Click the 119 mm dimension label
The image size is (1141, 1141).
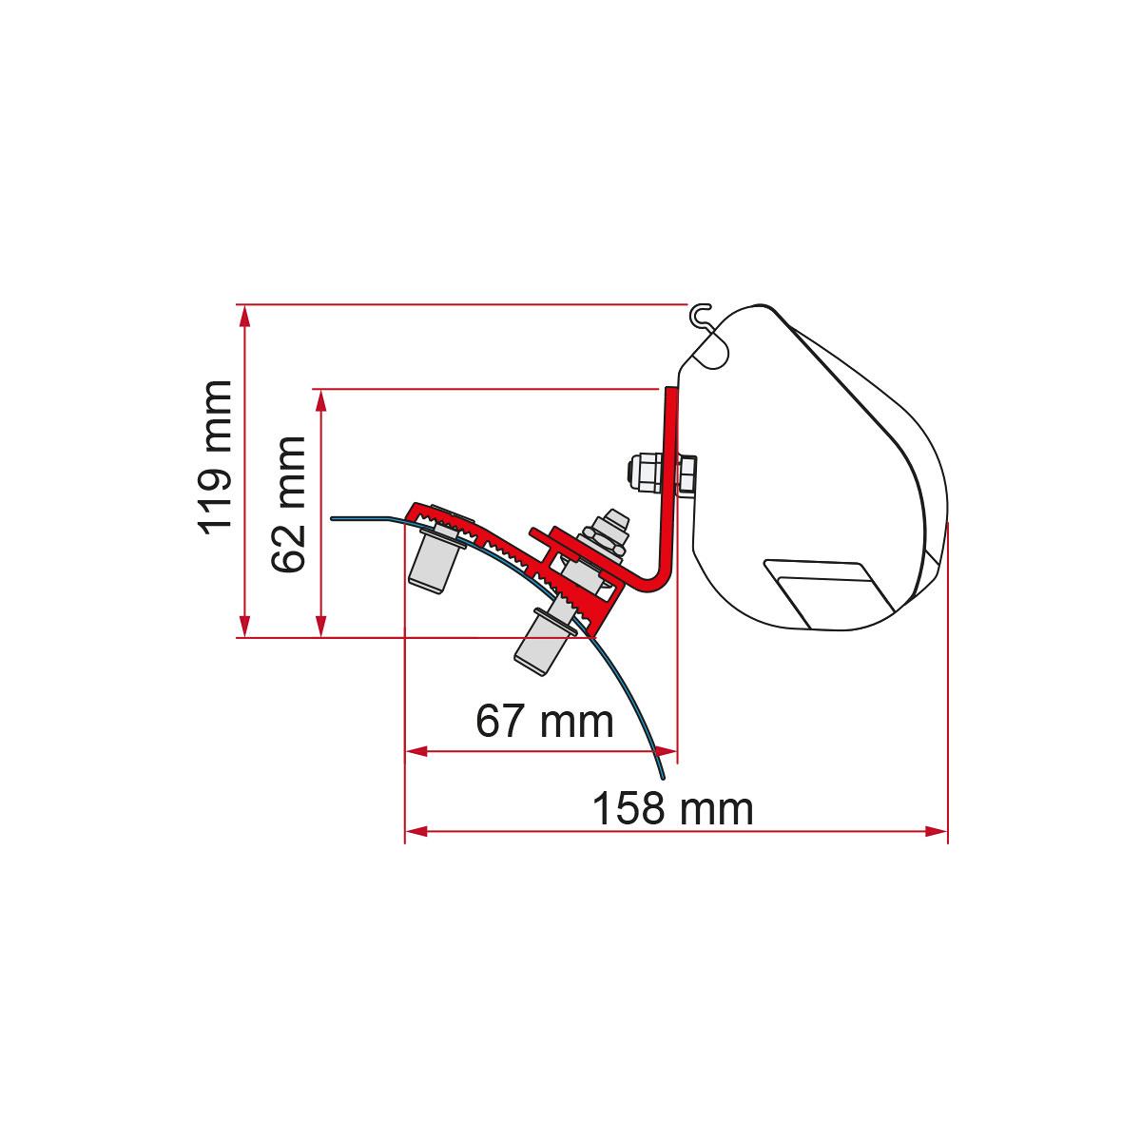click(214, 457)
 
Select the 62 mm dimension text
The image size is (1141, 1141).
click(288, 505)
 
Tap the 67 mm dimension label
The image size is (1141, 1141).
click(544, 721)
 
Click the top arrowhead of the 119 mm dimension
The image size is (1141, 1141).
click(244, 317)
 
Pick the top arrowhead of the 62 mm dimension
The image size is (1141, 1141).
click(321, 401)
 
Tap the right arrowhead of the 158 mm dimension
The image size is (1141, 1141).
click(937, 831)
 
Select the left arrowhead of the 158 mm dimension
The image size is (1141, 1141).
click(416, 831)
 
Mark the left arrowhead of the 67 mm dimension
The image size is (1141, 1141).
click(416, 751)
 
